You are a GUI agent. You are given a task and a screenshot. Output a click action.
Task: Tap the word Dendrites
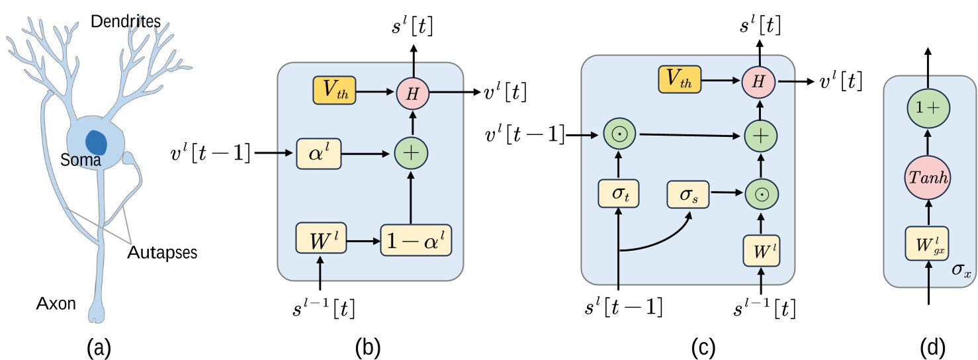tap(125, 22)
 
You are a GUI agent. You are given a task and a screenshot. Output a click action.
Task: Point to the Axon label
tap(56, 304)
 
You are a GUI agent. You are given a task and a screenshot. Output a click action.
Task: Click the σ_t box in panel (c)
tap(618, 196)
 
